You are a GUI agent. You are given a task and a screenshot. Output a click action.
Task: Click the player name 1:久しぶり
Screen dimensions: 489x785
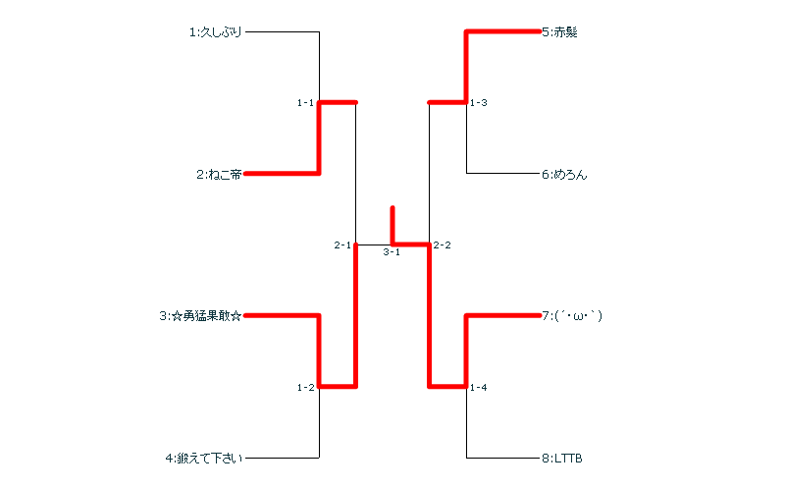click(215, 32)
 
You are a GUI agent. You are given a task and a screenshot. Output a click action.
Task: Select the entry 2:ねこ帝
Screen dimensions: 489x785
click(218, 175)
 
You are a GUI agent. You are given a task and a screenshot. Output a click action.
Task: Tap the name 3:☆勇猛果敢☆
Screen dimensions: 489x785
click(201, 316)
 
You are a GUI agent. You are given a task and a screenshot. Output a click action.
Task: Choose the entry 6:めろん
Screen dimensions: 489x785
click(563, 175)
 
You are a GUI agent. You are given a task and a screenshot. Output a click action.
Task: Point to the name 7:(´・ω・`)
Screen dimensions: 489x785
click(572, 316)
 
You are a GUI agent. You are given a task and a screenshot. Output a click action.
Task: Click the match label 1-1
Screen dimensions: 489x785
click(305, 102)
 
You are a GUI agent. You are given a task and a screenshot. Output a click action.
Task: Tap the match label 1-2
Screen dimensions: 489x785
click(305, 388)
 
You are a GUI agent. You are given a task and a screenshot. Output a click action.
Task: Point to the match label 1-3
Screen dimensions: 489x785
click(479, 102)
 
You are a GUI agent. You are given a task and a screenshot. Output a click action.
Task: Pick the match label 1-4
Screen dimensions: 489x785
click(479, 388)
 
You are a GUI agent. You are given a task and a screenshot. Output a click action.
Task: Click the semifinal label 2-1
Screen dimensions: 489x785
click(341, 244)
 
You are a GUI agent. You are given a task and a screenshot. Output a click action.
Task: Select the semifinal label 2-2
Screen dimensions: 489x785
click(443, 244)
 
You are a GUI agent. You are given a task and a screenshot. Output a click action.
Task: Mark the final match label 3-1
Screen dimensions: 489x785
click(392, 252)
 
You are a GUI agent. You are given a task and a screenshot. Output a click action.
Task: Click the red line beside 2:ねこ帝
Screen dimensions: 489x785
click(282, 174)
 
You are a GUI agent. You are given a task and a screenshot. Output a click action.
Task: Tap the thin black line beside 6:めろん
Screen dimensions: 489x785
click(501, 174)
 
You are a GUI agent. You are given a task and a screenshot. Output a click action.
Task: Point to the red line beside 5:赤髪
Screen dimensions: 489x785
click(501, 32)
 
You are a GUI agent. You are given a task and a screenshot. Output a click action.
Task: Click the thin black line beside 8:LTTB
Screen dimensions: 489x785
click(501, 458)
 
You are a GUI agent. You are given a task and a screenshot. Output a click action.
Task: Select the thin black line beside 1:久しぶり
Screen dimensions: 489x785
click(282, 32)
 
